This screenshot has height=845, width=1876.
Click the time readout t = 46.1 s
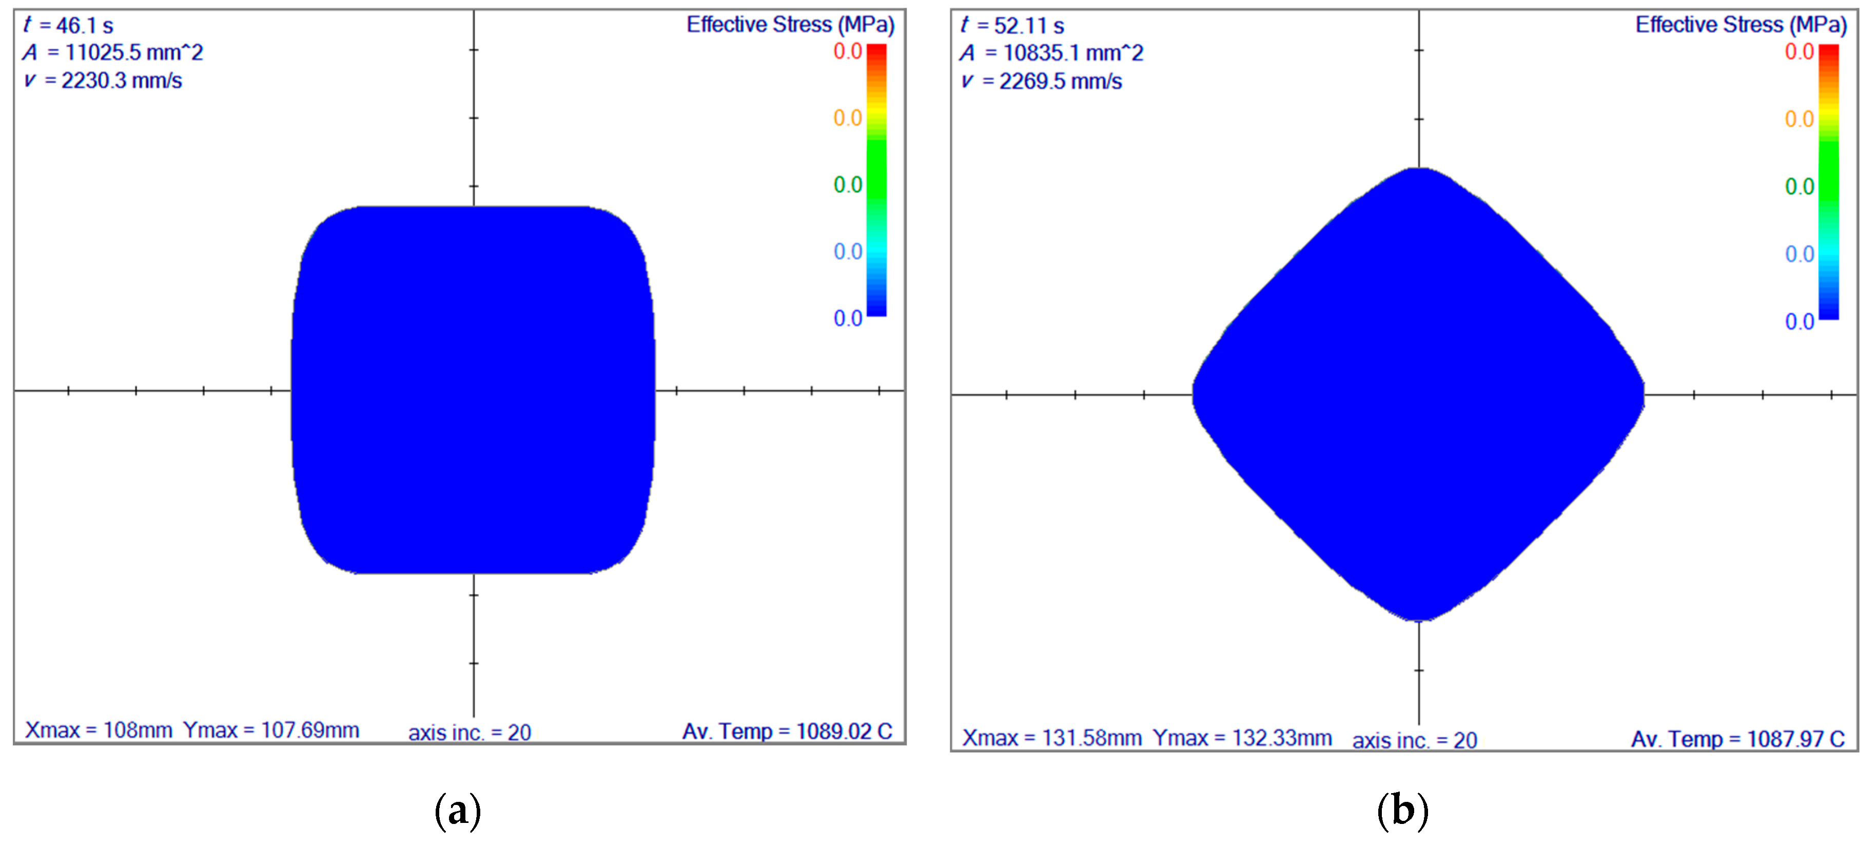coord(68,26)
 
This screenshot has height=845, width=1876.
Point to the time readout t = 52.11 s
coord(1012,26)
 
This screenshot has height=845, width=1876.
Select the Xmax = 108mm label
coord(99,730)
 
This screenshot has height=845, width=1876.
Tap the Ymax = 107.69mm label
coord(271,730)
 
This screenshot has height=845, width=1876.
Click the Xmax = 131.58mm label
coord(1051,738)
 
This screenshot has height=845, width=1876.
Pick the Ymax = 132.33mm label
coord(1242,738)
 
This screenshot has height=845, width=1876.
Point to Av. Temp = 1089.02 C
coord(787,732)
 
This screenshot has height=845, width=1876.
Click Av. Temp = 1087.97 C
coord(1737,739)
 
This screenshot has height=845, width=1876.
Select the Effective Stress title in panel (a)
coord(790,25)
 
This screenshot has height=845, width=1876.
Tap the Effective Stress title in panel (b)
coord(1741,25)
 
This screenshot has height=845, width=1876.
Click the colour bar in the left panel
coord(876,180)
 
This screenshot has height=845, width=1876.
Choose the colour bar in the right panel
coord(1829,182)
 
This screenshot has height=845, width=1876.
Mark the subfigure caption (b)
coord(1402,811)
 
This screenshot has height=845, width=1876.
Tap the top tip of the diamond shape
coord(1419,170)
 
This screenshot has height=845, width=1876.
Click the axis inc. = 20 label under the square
coord(470,732)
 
